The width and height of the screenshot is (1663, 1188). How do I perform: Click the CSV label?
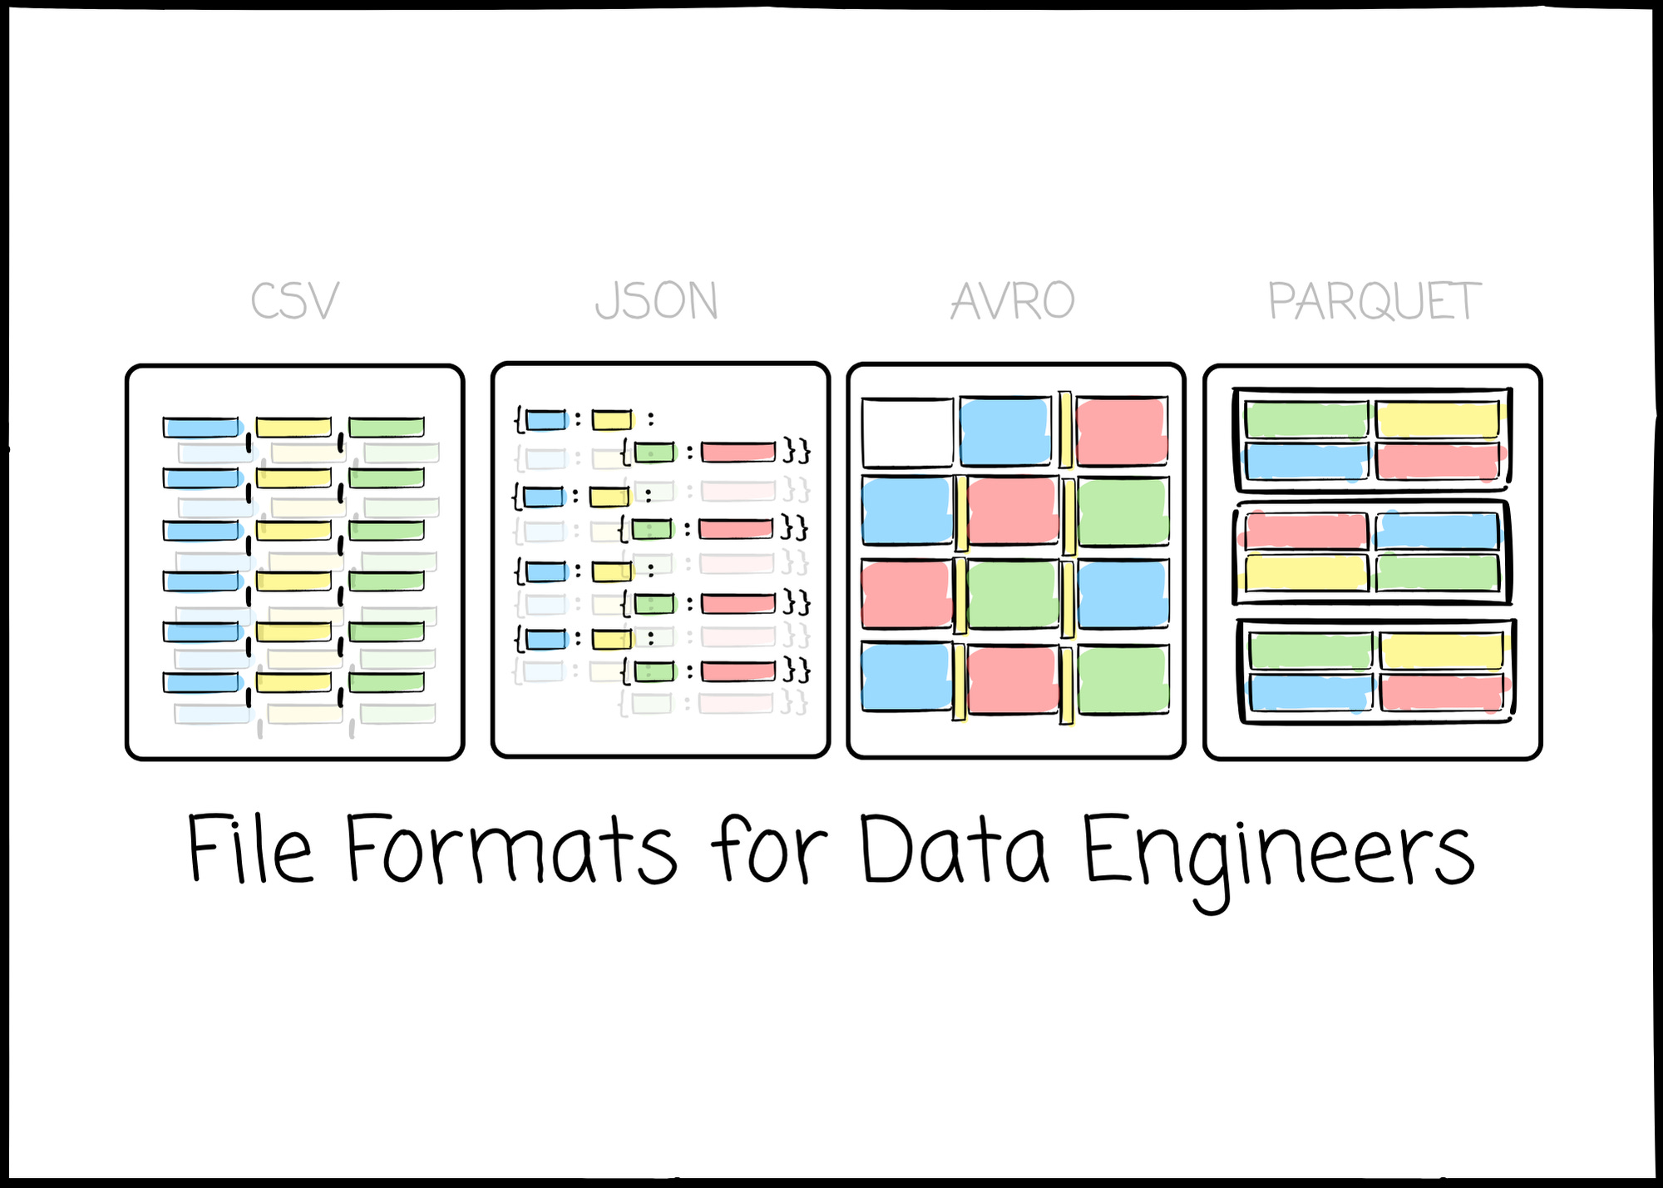(295, 301)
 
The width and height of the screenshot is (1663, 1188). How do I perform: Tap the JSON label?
(657, 301)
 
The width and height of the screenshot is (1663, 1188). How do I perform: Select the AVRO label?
(1013, 301)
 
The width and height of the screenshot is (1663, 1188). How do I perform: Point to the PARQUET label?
(1374, 301)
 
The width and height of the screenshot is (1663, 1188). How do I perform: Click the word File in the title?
(250, 849)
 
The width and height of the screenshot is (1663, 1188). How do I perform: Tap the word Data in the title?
(954, 849)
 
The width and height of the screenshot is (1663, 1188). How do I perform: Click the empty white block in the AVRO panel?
(907, 433)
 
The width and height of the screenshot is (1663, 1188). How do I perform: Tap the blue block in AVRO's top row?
(1004, 431)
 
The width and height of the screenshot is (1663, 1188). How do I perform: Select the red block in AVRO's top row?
(1121, 431)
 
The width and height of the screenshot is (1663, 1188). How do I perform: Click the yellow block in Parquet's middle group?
(1305, 572)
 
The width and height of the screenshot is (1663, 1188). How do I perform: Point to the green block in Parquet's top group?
(1306, 419)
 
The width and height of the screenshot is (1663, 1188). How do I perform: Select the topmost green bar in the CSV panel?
(387, 428)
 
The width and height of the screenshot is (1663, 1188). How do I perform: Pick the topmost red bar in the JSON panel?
(738, 452)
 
